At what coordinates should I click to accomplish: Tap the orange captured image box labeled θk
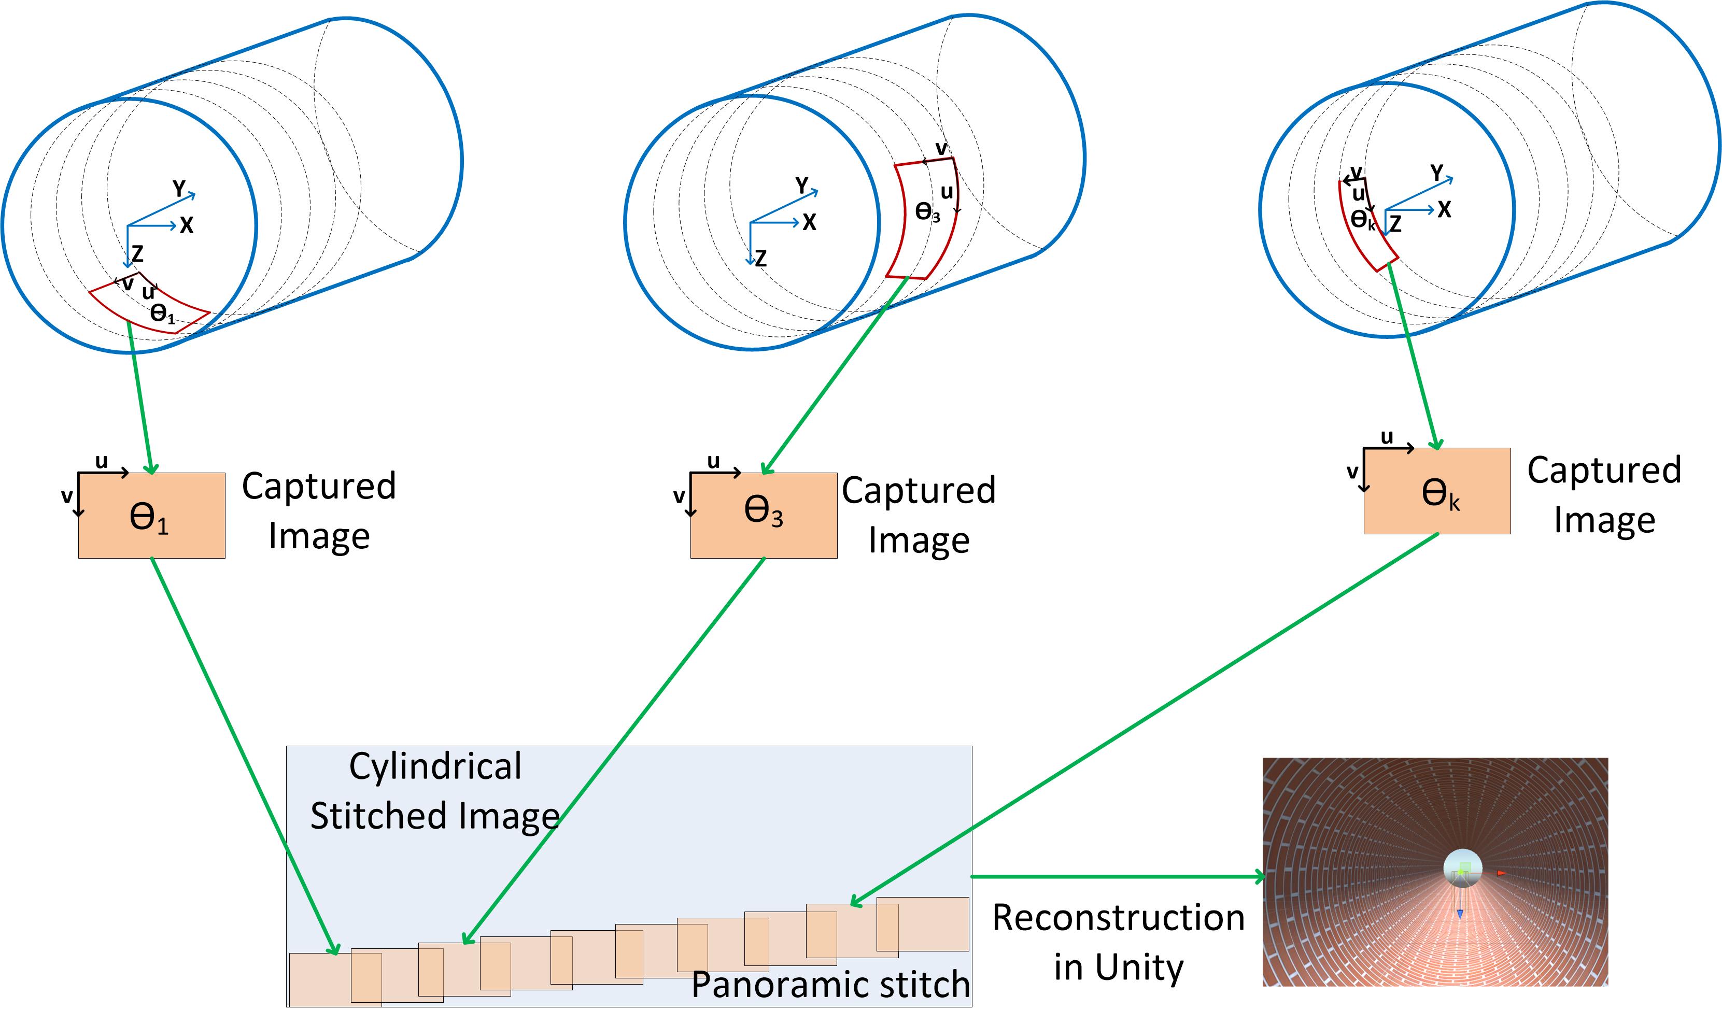pos(1437,491)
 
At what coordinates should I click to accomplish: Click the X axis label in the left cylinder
pos(187,225)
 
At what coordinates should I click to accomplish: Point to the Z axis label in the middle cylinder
pos(760,258)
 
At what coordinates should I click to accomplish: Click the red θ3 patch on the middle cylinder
pos(923,219)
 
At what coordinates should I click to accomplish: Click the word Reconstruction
pos(1118,918)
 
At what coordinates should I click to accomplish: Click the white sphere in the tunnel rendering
pos(1462,868)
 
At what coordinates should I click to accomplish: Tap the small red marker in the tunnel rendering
pos(1501,873)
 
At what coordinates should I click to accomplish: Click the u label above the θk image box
pos(1387,437)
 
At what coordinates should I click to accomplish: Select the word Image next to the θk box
pos(1604,520)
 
